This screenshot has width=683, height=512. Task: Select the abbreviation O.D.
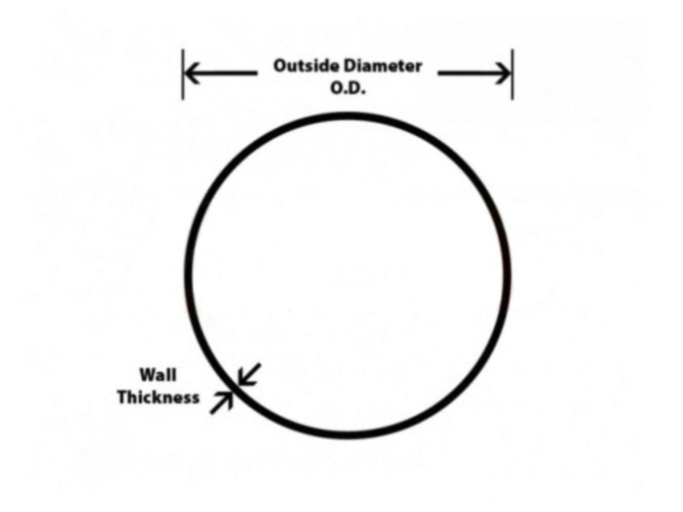pyautogui.click(x=348, y=88)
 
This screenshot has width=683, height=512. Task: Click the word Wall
pyautogui.click(x=158, y=374)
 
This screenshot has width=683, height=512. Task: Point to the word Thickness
pyautogui.click(x=159, y=397)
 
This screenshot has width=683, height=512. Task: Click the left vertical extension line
pyautogui.click(x=183, y=74)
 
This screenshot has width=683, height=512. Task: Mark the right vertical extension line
pyautogui.click(x=512, y=74)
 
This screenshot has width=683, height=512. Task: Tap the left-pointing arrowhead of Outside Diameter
pyautogui.click(x=191, y=73)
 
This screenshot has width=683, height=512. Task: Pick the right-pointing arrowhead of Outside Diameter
pyautogui.click(x=503, y=73)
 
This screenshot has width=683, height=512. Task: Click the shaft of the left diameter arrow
pyautogui.click(x=221, y=73)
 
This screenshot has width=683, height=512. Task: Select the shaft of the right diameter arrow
pyautogui.click(x=474, y=73)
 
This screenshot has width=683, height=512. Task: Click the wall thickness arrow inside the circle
pyautogui.click(x=249, y=374)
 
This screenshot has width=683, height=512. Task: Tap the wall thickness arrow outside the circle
pyautogui.click(x=221, y=403)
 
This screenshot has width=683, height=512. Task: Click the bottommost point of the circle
pyautogui.click(x=348, y=435)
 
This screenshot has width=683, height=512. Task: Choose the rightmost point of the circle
pyautogui.click(x=507, y=276)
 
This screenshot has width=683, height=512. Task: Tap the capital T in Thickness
pyautogui.click(x=123, y=397)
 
